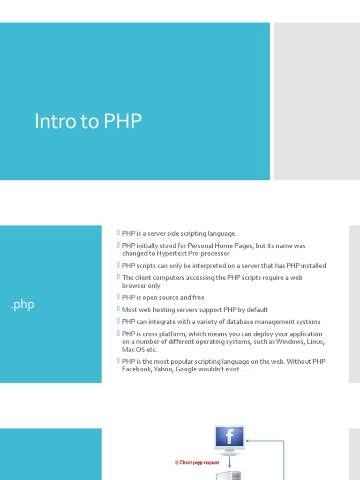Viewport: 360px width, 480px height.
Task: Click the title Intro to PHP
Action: [x=88, y=121]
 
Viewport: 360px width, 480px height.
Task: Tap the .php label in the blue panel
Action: [x=22, y=305]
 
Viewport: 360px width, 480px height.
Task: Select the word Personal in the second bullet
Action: [x=200, y=246]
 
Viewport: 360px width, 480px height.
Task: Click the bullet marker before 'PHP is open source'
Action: [x=118, y=297]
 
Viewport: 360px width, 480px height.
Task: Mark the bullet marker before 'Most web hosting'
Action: [x=118, y=308]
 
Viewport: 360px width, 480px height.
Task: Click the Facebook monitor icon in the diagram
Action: [x=230, y=440]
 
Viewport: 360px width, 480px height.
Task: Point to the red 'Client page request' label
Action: [x=197, y=463]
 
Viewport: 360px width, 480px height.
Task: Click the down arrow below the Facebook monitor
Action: [x=230, y=462]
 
